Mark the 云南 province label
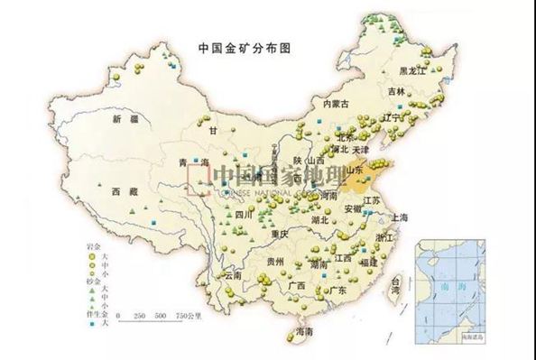[233, 274]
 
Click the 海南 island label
[305, 334]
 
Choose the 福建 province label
[367, 262]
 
